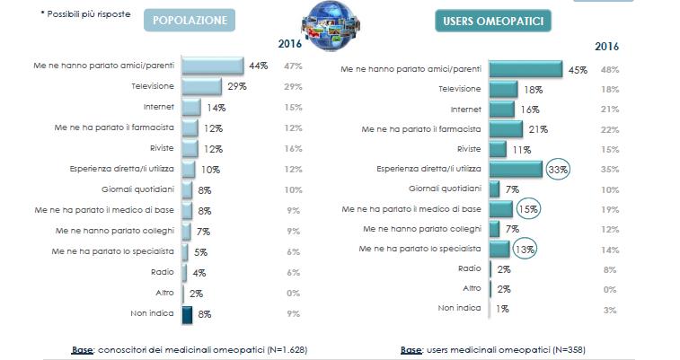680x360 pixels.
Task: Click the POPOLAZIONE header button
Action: click(190, 21)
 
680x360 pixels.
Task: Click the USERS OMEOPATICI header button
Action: click(493, 21)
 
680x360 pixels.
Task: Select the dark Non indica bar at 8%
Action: click(187, 314)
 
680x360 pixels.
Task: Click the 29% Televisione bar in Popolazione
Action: click(202, 86)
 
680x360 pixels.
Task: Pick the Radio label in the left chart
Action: click(163, 273)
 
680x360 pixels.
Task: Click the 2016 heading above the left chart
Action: click(289, 44)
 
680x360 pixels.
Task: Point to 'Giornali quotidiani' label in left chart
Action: click(137, 189)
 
